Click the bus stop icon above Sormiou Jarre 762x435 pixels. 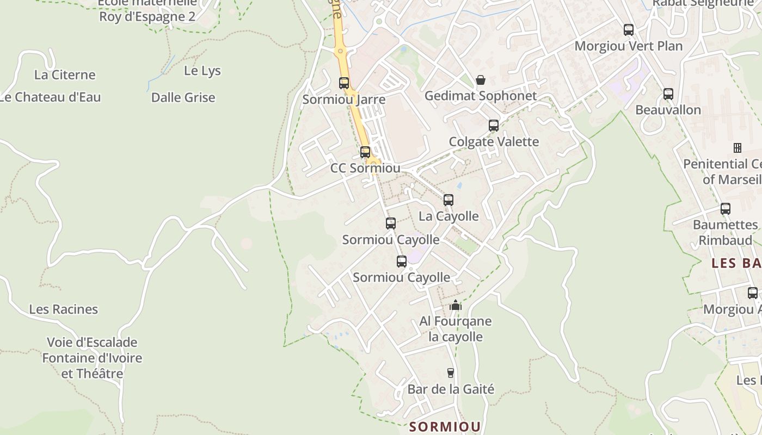[344, 83]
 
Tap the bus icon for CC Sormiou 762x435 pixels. [365, 152]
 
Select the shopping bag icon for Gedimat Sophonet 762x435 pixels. [481, 80]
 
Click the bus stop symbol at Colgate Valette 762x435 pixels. [494, 126]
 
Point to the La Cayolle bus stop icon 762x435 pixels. [448, 200]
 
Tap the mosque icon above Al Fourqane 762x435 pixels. [456, 306]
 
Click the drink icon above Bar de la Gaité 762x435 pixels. [451, 373]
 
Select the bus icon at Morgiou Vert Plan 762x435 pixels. [629, 30]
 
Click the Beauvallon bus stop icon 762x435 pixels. [668, 94]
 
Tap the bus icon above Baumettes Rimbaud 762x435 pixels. [726, 209]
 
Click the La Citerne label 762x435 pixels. [65, 74]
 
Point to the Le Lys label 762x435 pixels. [202, 71]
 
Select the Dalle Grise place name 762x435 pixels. [183, 98]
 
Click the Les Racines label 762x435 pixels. [64, 309]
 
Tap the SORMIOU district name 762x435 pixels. [445, 426]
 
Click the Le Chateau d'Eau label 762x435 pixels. [51, 97]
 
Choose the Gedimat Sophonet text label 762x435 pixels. [481, 96]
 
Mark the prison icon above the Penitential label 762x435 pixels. [738, 148]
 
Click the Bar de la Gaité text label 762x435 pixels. [451, 389]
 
